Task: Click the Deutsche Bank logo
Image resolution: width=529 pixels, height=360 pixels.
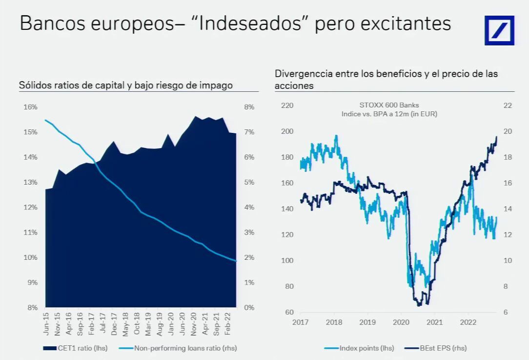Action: click(499, 30)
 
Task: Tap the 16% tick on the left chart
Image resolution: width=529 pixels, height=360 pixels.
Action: click(30, 107)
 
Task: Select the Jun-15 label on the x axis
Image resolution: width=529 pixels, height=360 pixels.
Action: click(46, 323)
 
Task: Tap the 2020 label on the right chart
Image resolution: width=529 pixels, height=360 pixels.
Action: click(401, 322)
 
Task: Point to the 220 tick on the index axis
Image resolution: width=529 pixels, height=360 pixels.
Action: click(287, 106)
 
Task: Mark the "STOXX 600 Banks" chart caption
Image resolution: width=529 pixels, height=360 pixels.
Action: click(389, 105)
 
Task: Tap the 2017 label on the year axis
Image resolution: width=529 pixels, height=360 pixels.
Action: click(300, 322)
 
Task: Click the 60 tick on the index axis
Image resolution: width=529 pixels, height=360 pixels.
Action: click(289, 312)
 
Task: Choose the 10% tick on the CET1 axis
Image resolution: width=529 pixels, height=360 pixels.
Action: click(30, 257)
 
